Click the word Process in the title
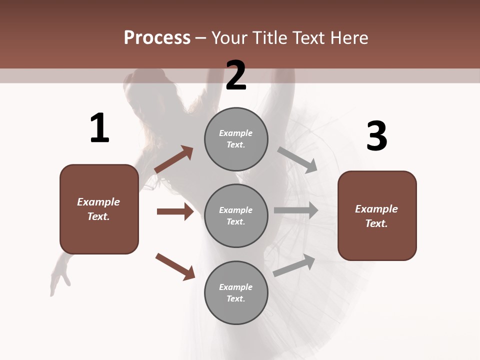coord(157,38)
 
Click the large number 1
coord(99,128)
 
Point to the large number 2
coord(236,76)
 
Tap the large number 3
coord(377,136)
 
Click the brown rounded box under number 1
coord(99,209)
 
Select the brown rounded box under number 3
coord(377,216)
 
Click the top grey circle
coord(236,139)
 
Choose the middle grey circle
coord(236,215)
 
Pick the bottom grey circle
coord(236,293)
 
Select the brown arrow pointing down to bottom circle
coord(175,266)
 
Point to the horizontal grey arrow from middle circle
coord(296,210)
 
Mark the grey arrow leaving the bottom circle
coord(294,265)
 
